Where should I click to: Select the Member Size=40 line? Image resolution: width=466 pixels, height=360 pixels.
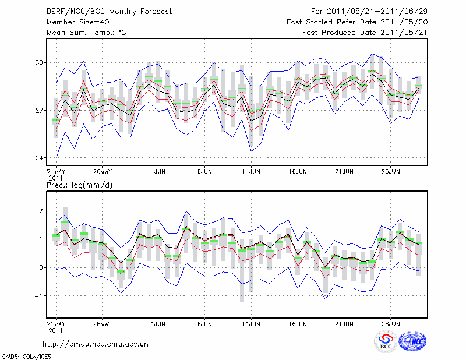click(x=77, y=22)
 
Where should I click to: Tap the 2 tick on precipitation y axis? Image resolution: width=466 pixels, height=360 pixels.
click(x=40, y=211)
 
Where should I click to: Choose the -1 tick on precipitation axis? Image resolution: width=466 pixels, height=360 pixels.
click(x=38, y=295)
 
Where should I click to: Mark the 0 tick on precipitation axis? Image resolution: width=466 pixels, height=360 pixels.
click(x=40, y=267)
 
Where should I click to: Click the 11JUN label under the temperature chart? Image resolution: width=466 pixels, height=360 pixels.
click(x=251, y=172)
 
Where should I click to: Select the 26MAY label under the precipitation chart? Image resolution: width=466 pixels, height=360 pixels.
click(x=102, y=323)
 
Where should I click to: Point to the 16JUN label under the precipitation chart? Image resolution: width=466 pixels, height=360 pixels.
click(x=298, y=323)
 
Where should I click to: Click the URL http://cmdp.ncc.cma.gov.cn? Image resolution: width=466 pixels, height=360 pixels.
click(x=96, y=344)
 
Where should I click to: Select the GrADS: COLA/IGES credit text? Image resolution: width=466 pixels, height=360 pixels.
click(x=26, y=355)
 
